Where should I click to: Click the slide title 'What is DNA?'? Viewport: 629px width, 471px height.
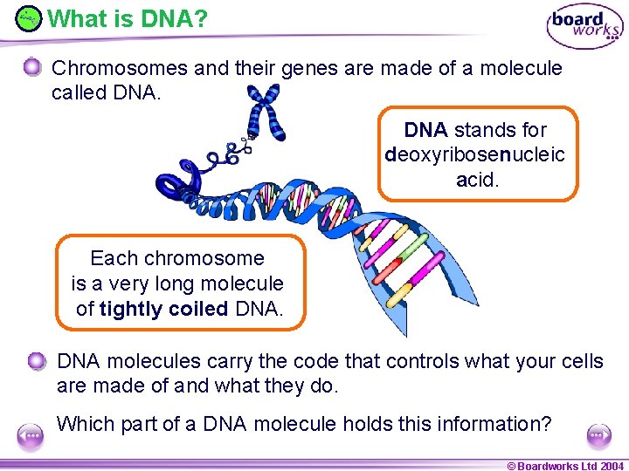click(128, 17)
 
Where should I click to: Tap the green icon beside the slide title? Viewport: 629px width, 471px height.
click(29, 17)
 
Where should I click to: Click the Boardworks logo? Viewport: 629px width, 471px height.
click(584, 26)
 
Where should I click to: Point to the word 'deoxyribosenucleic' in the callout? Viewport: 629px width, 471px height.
click(475, 155)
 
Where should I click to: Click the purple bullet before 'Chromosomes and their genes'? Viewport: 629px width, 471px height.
click(32, 68)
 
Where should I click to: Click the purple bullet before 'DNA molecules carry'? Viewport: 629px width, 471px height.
click(36, 361)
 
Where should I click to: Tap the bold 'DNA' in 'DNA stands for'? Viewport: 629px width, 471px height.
click(425, 131)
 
